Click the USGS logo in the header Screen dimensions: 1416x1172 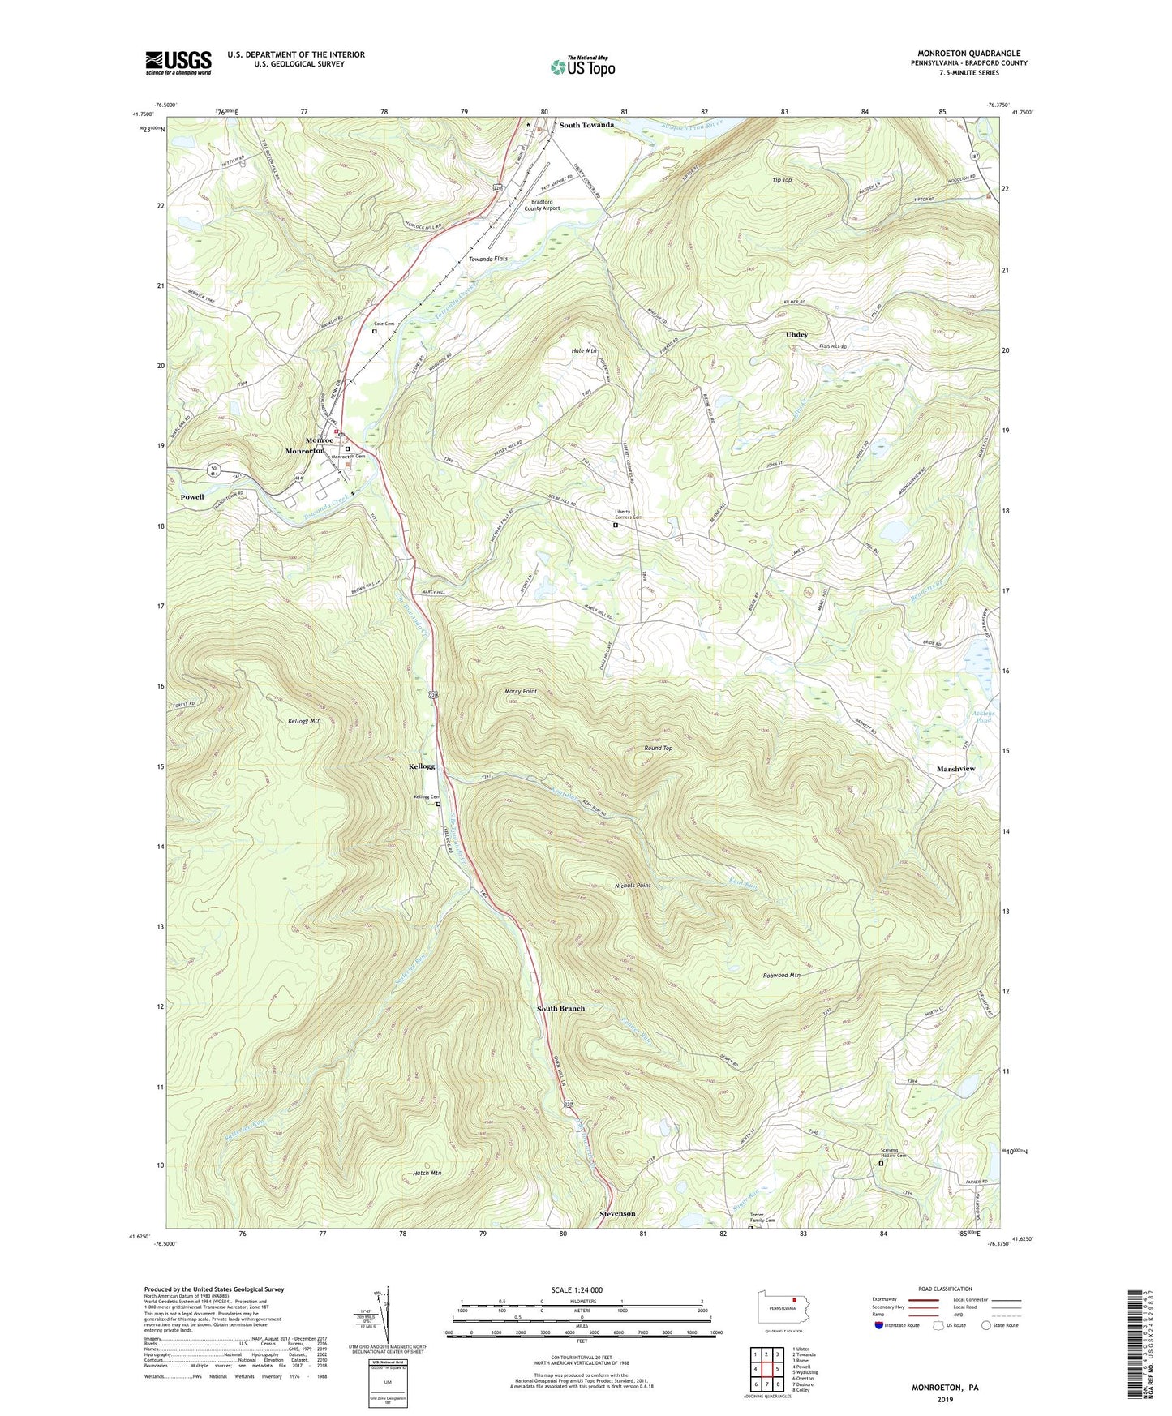tap(178, 62)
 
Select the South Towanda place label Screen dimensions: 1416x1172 tap(586, 125)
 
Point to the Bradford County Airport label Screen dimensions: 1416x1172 tap(545, 204)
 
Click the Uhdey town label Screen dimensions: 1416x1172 tap(796, 334)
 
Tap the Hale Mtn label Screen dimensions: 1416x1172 tap(584, 350)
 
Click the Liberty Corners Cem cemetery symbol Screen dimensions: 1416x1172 tap(615, 526)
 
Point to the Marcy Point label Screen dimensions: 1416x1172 tap(521, 692)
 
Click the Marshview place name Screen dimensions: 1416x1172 tap(955, 769)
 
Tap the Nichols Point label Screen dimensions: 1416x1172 tap(633, 886)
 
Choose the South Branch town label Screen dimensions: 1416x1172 tap(560, 1008)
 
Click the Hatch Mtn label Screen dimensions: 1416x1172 tap(427, 1173)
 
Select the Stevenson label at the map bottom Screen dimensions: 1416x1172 tap(617, 1213)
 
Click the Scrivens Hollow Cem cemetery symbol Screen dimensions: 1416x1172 tap(882, 1164)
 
